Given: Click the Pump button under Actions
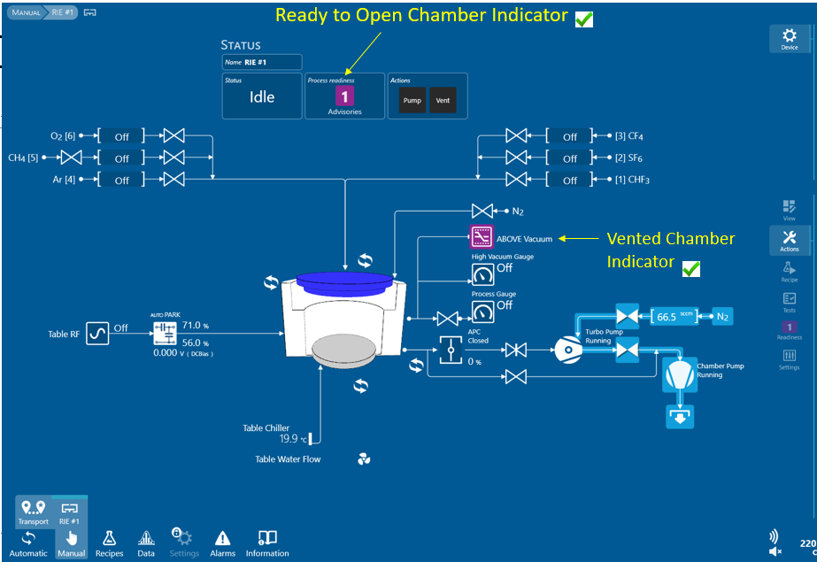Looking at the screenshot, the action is pos(412,100).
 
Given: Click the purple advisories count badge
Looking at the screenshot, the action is pos(344,96).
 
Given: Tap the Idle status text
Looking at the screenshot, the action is pos(262,96).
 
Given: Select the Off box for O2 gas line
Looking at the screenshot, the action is pos(121,136).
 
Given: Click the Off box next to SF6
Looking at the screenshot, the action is pos(569,158).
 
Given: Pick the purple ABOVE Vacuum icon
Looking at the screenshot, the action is pos(482,237).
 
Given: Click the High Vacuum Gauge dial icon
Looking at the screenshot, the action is pos(483,274).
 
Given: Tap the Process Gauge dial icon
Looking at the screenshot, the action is pos(483,312).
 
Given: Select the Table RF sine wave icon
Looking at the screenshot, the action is pos(97,334).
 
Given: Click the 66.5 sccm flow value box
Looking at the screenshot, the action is pos(674,316).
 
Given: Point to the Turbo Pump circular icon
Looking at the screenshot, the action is pos(568,350).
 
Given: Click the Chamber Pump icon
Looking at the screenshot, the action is pos(680,374).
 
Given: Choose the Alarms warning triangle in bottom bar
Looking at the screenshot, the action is pos(222,538).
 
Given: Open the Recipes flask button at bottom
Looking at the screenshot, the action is pos(109,538).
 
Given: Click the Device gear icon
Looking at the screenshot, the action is pos(789,35).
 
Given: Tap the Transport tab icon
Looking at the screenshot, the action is pos(34,507).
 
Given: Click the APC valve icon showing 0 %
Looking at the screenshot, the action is pos(451,350).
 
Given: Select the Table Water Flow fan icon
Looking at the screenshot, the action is pos(364,458).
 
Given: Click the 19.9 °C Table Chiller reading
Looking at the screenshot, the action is pos(293,439).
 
